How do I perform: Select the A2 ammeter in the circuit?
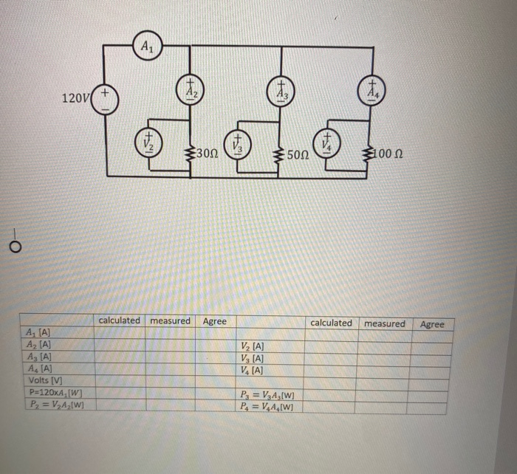(191, 91)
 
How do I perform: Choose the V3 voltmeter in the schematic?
(238, 143)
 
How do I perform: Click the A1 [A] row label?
(38, 334)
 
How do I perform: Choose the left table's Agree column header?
(215, 321)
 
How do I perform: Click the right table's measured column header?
(384, 323)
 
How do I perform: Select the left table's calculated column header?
(119, 320)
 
